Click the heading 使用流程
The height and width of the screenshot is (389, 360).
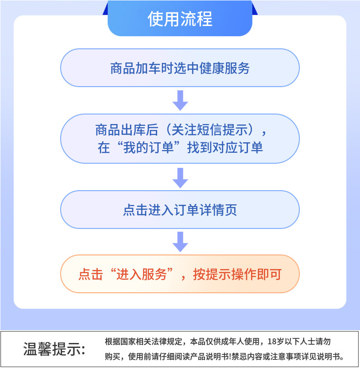[180, 19]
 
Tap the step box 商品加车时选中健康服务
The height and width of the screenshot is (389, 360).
[180, 68]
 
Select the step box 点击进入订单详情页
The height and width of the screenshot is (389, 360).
[180, 210]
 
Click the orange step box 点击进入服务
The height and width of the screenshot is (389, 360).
[180, 274]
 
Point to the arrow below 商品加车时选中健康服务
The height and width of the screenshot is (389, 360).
[180, 100]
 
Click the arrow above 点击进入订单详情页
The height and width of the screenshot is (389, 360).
[180, 177]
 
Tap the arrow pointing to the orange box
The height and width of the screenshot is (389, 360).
[180, 241]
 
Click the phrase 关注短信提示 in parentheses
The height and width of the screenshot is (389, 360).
[209, 130]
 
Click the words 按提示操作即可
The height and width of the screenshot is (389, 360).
[237, 275]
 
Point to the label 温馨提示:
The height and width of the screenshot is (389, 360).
[54, 349]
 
